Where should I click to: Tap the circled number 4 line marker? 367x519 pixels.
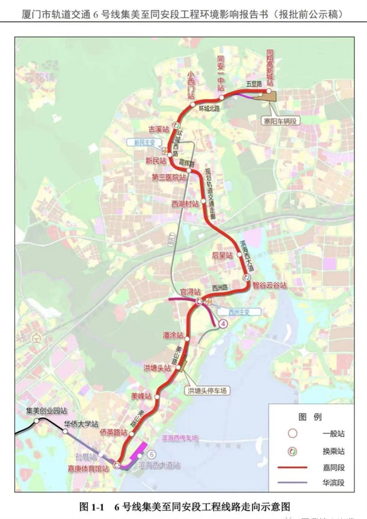click(223, 323)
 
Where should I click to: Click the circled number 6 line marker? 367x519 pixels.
click(151, 454)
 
